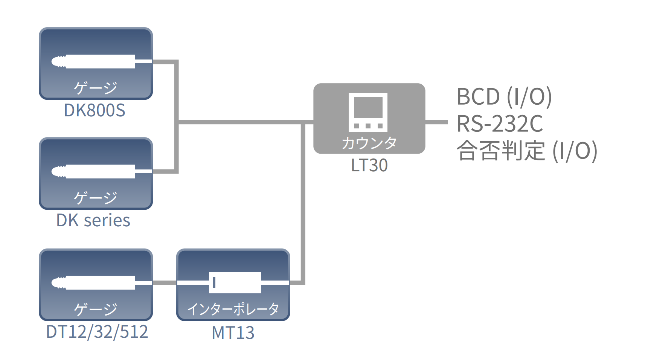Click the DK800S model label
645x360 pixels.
tap(95, 110)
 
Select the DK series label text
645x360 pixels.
tap(93, 220)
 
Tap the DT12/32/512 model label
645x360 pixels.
tap(97, 332)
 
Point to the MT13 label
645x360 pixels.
tap(233, 333)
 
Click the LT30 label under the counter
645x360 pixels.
tap(369, 165)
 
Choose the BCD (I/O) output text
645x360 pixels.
tap(504, 97)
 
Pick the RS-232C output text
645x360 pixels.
tap(499, 124)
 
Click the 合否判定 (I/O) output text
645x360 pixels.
tap(526, 151)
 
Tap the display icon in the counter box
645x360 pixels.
tap(368, 112)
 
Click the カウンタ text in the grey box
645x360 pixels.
tap(369, 143)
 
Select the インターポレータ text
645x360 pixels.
tap(233, 309)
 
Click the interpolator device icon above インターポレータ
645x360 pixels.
tap(235, 282)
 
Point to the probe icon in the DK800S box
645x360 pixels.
tap(94, 61)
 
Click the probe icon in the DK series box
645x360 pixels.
tap(94, 171)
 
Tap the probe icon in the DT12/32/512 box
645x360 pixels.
tap(94, 283)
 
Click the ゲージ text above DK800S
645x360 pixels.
tap(96, 88)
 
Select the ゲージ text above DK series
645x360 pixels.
tap(96, 198)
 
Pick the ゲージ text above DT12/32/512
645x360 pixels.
tap(96, 309)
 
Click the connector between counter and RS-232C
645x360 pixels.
tap(436, 122)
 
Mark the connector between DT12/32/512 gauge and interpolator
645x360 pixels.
tap(165, 283)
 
